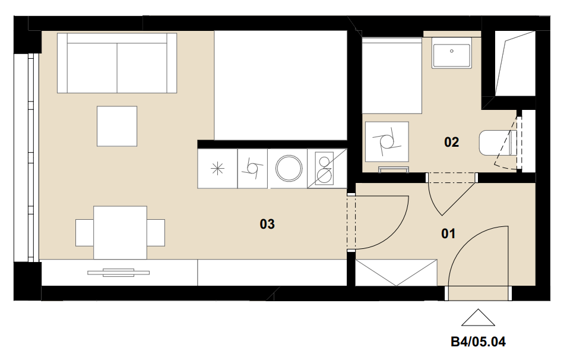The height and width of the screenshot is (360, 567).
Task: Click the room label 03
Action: click(x=267, y=224)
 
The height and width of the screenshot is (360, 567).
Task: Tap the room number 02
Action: click(x=452, y=142)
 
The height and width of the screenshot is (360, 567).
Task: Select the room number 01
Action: click(x=448, y=233)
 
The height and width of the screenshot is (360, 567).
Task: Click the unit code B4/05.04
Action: click(x=478, y=342)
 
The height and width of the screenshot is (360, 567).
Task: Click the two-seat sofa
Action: click(x=117, y=63)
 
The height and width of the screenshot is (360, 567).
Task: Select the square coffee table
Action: click(x=117, y=126)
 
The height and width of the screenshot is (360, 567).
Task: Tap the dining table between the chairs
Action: click(x=120, y=233)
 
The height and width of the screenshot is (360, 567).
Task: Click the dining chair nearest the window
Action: click(x=85, y=233)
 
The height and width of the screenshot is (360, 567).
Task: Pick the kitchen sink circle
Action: click(x=289, y=168)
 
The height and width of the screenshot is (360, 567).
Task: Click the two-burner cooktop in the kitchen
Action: click(x=324, y=169)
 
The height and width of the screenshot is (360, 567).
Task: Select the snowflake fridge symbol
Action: click(x=217, y=169)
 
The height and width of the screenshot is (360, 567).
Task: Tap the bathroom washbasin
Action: click(x=452, y=55)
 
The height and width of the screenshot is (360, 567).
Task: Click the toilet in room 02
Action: click(x=496, y=143)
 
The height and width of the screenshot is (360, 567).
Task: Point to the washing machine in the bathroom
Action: click(x=387, y=141)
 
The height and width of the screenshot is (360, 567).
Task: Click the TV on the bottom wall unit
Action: click(x=119, y=273)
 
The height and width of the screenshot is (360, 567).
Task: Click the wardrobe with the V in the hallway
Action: click(x=397, y=273)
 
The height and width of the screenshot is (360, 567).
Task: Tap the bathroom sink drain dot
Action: click(x=452, y=51)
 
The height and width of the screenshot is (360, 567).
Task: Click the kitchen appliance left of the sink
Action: click(x=252, y=169)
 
